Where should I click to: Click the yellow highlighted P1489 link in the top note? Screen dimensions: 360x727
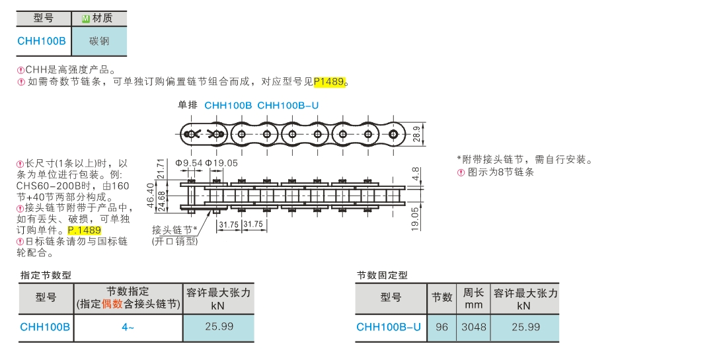[x=329, y=82]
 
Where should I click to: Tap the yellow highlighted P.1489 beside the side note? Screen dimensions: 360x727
[x=85, y=231]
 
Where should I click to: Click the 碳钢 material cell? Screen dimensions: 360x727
[x=98, y=41]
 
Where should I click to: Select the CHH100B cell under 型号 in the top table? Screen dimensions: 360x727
[x=42, y=41]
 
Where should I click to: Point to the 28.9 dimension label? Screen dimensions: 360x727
[x=415, y=135]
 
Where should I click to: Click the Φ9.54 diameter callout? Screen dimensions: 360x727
[x=189, y=162]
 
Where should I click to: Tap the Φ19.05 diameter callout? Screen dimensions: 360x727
[x=221, y=162]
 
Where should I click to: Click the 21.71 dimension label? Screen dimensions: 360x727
[x=161, y=168]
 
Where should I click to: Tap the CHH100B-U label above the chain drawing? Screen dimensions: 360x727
[x=287, y=105]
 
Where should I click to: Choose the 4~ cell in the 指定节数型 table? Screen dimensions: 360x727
[x=128, y=327]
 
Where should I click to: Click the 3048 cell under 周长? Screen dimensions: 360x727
[x=474, y=327]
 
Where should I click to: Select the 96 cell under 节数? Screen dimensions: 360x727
[x=443, y=327]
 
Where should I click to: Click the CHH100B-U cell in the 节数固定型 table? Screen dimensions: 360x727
[x=389, y=327]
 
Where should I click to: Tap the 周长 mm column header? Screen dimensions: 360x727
[x=474, y=299]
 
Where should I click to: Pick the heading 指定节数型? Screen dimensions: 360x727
[x=46, y=275]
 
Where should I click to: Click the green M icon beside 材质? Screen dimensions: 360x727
[x=85, y=18]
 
